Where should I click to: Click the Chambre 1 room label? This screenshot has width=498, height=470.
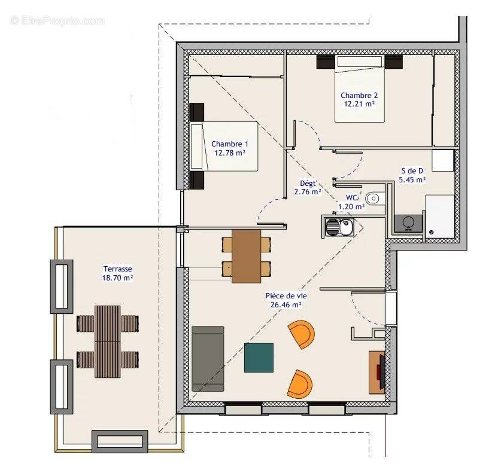(230, 144)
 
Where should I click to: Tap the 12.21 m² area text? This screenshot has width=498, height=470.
(359, 103)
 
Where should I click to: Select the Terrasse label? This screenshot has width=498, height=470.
(117, 269)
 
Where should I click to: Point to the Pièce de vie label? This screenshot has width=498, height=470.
(283, 295)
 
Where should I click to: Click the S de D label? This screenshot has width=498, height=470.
(413, 170)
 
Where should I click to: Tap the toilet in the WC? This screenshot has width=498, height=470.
(375, 198)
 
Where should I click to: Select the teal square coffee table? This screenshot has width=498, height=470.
(259, 358)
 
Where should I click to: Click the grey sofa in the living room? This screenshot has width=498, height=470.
(208, 359)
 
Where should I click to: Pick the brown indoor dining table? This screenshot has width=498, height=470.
(247, 257)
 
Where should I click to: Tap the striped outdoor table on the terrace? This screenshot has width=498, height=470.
(108, 341)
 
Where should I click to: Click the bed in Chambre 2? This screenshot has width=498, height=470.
(359, 88)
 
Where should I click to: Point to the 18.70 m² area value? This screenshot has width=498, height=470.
(117, 278)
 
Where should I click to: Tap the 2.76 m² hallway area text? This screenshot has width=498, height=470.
(308, 192)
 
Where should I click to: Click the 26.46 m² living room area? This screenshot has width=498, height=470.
(283, 304)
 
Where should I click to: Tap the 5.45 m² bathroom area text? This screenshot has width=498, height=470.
(412, 179)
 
